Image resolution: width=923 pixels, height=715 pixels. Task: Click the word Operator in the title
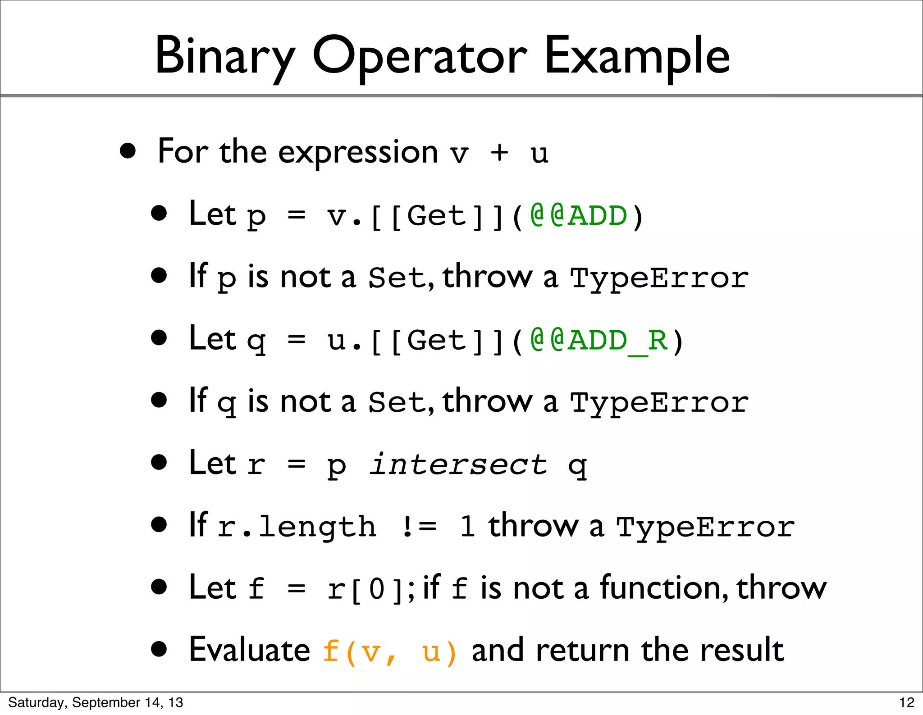point(419,56)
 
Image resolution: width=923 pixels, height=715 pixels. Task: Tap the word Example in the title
point(637,56)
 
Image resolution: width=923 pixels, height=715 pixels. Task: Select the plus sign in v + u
point(499,153)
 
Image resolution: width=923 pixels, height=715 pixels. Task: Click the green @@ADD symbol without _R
point(579,216)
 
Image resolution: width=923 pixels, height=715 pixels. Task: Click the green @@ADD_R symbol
point(599,341)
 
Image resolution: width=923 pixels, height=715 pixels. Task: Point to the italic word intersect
point(458,465)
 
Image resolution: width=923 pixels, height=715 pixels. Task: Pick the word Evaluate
point(249,650)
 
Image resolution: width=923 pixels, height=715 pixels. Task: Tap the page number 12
point(906,703)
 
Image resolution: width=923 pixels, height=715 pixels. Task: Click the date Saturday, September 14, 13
point(96,703)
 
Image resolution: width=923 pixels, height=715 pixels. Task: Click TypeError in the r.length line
point(705,527)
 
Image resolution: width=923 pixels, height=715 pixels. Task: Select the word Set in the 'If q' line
point(397,402)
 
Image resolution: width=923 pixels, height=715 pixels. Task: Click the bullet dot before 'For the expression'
point(128,151)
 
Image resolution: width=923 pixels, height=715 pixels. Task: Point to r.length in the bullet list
point(297,527)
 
